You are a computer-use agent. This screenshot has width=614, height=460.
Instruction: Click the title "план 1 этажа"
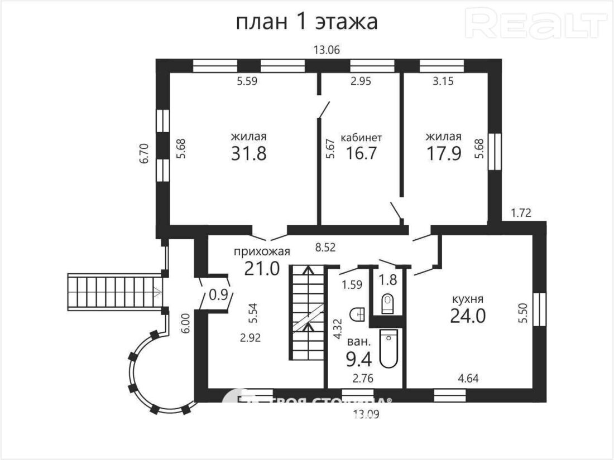(x=306, y=22)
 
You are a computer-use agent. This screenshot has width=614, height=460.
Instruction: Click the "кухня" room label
(x=468, y=298)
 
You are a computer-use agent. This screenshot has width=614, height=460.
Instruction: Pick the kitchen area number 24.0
(x=468, y=316)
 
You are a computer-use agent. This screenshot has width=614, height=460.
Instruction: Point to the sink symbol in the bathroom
(x=357, y=314)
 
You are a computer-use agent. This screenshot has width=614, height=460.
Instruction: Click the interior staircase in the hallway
(x=306, y=312)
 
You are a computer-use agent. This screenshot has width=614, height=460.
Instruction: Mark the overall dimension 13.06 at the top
(x=327, y=50)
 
